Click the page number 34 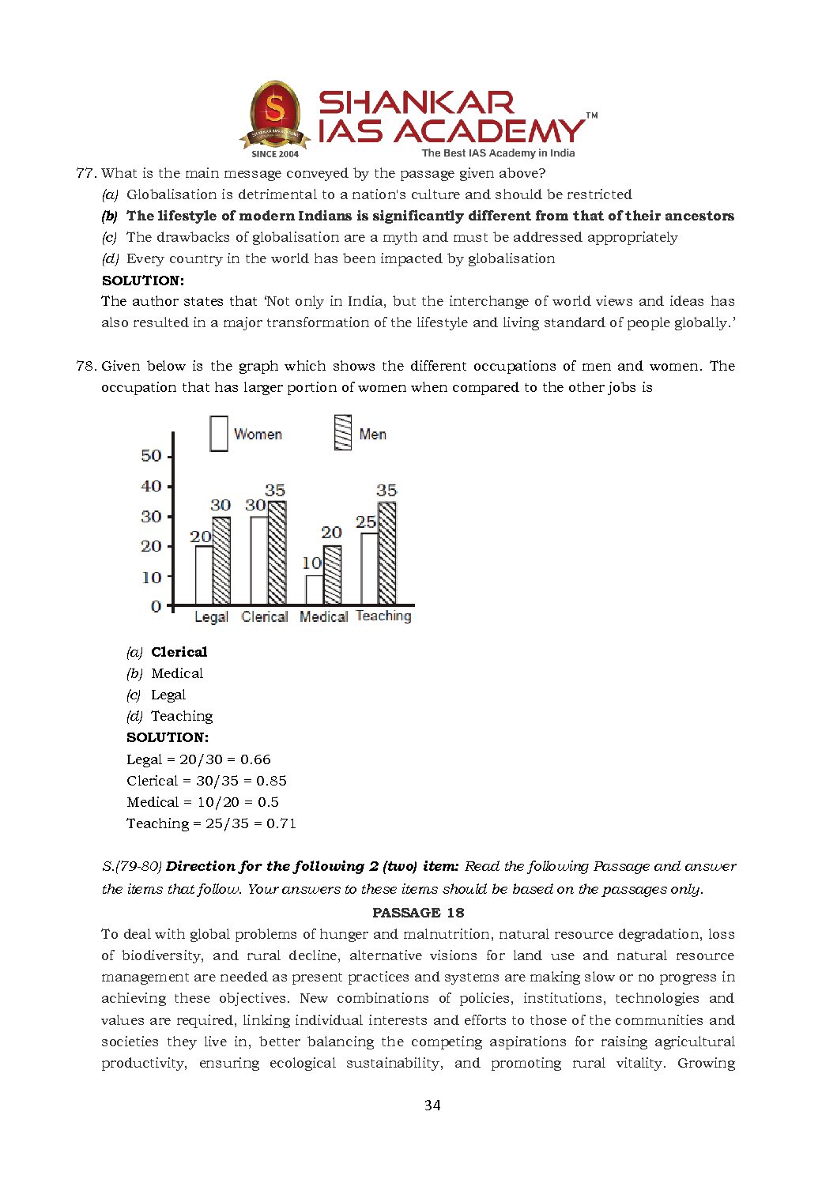(432, 1105)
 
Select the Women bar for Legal (204, 575)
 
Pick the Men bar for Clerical (277, 553)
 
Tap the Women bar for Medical (315, 590)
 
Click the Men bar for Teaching (386, 553)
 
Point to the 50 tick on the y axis (151, 456)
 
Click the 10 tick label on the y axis (151, 577)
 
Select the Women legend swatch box (219, 434)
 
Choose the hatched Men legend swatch (342, 433)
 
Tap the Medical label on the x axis (323, 616)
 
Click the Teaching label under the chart (383, 616)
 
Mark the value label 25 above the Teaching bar (366, 522)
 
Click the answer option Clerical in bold (179, 652)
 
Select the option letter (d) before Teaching (134, 716)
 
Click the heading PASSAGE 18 (418, 913)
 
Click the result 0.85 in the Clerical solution (271, 781)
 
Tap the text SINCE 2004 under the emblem (275, 154)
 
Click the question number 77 (85, 173)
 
